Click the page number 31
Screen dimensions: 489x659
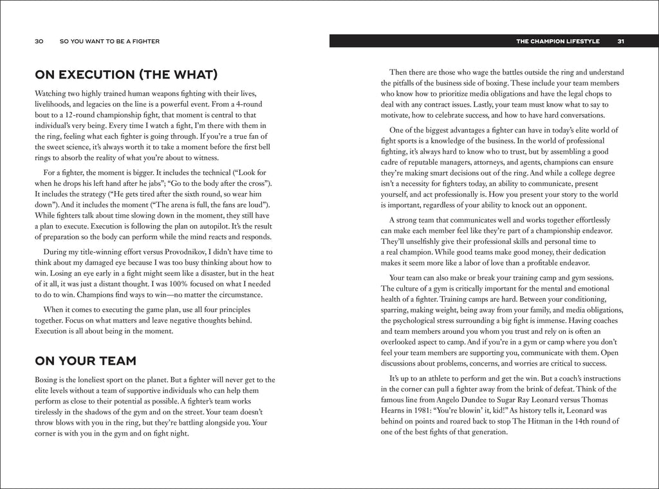(620, 41)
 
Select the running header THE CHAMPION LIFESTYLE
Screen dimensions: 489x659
(557, 41)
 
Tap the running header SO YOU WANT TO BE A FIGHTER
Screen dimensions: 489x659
(109, 41)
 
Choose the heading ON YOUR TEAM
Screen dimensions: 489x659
(85, 360)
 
